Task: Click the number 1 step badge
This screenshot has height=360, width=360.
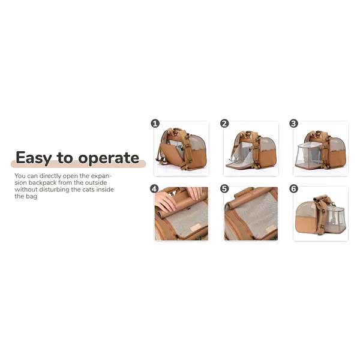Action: click(155, 124)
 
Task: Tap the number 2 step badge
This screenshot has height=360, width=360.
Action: click(224, 124)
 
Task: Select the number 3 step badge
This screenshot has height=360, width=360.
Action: click(293, 124)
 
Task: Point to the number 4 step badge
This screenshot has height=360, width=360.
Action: click(154, 189)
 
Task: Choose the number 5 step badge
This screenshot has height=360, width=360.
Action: click(224, 189)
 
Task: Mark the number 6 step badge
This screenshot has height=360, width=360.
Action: click(293, 189)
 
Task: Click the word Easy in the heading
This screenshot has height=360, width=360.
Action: click(34, 158)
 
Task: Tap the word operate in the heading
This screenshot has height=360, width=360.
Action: click(109, 158)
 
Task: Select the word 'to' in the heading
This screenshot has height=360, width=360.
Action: click(65, 157)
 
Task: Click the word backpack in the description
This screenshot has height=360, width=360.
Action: click(43, 183)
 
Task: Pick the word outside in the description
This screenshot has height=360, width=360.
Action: click(96, 183)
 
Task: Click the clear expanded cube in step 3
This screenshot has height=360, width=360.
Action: click(308, 155)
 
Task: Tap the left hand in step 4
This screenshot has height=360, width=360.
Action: click(166, 202)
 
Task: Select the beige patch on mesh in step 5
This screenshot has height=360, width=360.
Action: click(271, 229)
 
